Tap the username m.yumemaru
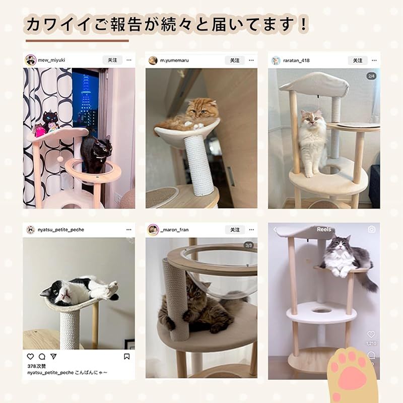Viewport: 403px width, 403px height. pyautogui.click(x=175, y=60)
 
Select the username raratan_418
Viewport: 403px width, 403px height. pyautogui.click(x=297, y=60)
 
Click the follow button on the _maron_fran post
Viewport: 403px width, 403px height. pyautogui.click(x=235, y=230)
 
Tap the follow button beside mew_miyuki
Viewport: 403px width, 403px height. pyautogui.click(x=112, y=60)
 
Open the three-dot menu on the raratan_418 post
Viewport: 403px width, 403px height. pyautogui.click(x=373, y=60)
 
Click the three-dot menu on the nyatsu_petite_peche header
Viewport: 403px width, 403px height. pyautogui.click(x=128, y=230)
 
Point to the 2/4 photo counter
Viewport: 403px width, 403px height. pyautogui.click(x=372, y=76)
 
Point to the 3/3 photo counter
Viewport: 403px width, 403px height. pyautogui.click(x=249, y=245)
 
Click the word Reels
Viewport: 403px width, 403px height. pyautogui.click(x=324, y=230)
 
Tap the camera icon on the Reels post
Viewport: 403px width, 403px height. pyautogui.click(x=371, y=230)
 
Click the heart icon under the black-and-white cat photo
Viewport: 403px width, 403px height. pyautogui.click(x=31, y=357)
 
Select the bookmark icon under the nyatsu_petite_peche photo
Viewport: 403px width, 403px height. pyautogui.click(x=127, y=357)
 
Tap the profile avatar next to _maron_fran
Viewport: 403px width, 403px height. pyautogui.click(x=153, y=230)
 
